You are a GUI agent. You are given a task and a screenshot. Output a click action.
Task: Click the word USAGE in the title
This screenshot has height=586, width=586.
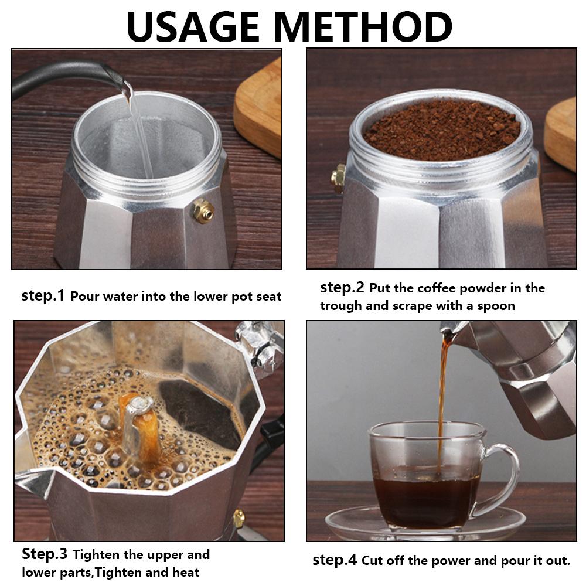(x=192, y=27)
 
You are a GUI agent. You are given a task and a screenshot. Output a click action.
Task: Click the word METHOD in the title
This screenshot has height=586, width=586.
(x=365, y=27)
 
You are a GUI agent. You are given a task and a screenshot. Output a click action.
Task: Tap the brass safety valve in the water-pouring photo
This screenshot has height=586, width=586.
(x=203, y=212)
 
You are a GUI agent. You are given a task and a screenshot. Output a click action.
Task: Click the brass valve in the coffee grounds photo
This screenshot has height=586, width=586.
(x=339, y=178)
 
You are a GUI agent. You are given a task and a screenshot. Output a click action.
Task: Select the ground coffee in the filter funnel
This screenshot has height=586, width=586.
(x=442, y=129)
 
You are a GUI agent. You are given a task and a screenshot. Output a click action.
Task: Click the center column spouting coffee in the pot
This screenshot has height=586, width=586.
(x=141, y=426)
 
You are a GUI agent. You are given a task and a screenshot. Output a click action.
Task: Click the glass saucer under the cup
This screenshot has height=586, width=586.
(x=425, y=523)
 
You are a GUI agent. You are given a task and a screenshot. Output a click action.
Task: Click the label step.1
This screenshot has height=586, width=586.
(x=43, y=295)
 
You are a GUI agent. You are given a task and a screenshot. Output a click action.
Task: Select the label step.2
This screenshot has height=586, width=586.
(x=342, y=287)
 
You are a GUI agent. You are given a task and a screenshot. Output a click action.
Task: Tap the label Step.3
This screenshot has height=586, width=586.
(x=45, y=554)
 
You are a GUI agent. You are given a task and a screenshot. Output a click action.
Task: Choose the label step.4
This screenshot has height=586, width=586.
(x=335, y=560)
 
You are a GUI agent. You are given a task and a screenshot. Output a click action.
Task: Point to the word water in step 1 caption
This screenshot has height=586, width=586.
(x=120, y=297)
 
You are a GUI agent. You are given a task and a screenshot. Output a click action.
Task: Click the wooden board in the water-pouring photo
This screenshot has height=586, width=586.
(x=258, y=108)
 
